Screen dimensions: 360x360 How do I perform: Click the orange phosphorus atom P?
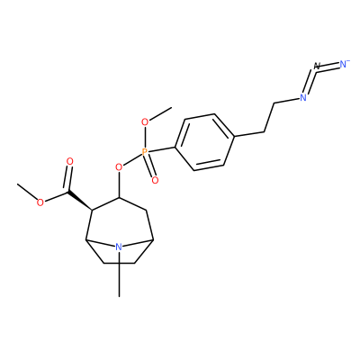pyautogui.click(x=145, y=152)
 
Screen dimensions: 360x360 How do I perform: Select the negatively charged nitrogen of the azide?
pyautogui.click(x=344, y=64)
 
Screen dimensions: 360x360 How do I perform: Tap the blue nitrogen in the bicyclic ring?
pyautogui.click(x=119, y=247)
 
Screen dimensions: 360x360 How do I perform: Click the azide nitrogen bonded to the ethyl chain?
pyautogui.click(x=303, y=97)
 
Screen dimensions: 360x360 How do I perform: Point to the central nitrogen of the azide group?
pyautogui.click(x=317, y=67)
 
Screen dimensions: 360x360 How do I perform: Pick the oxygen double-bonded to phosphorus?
pyautogui.click(x=155, y=180)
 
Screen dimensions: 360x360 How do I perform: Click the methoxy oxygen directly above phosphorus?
pyautogui.click(x=145, y=122)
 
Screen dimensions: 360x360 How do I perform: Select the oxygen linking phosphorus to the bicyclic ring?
pyautogui.click(x=119, y=166)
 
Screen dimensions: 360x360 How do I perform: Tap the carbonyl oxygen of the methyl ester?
pyautogui.click(x=70, y=161)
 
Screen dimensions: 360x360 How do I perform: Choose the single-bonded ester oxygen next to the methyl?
pyautogui.click(x=40, y=202)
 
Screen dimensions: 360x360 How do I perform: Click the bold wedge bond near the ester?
pyautogui.click(x=80, y=201)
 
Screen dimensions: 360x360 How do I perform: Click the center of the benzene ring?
pyautogui.click(x=204, y=142)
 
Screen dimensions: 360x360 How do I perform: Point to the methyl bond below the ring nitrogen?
pyautogui.click(x=119, y=274)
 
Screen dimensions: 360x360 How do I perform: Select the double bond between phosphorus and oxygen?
pyautogui.click(x=149, y=166)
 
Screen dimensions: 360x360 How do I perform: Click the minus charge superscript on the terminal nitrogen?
pyautogui.click(x=348, y=60)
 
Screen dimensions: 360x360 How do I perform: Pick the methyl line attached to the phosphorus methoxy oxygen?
pyautogui.click(x=160, y=113)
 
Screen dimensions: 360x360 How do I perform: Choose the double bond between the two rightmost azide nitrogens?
pyautogui.click(x=330, y=65)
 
